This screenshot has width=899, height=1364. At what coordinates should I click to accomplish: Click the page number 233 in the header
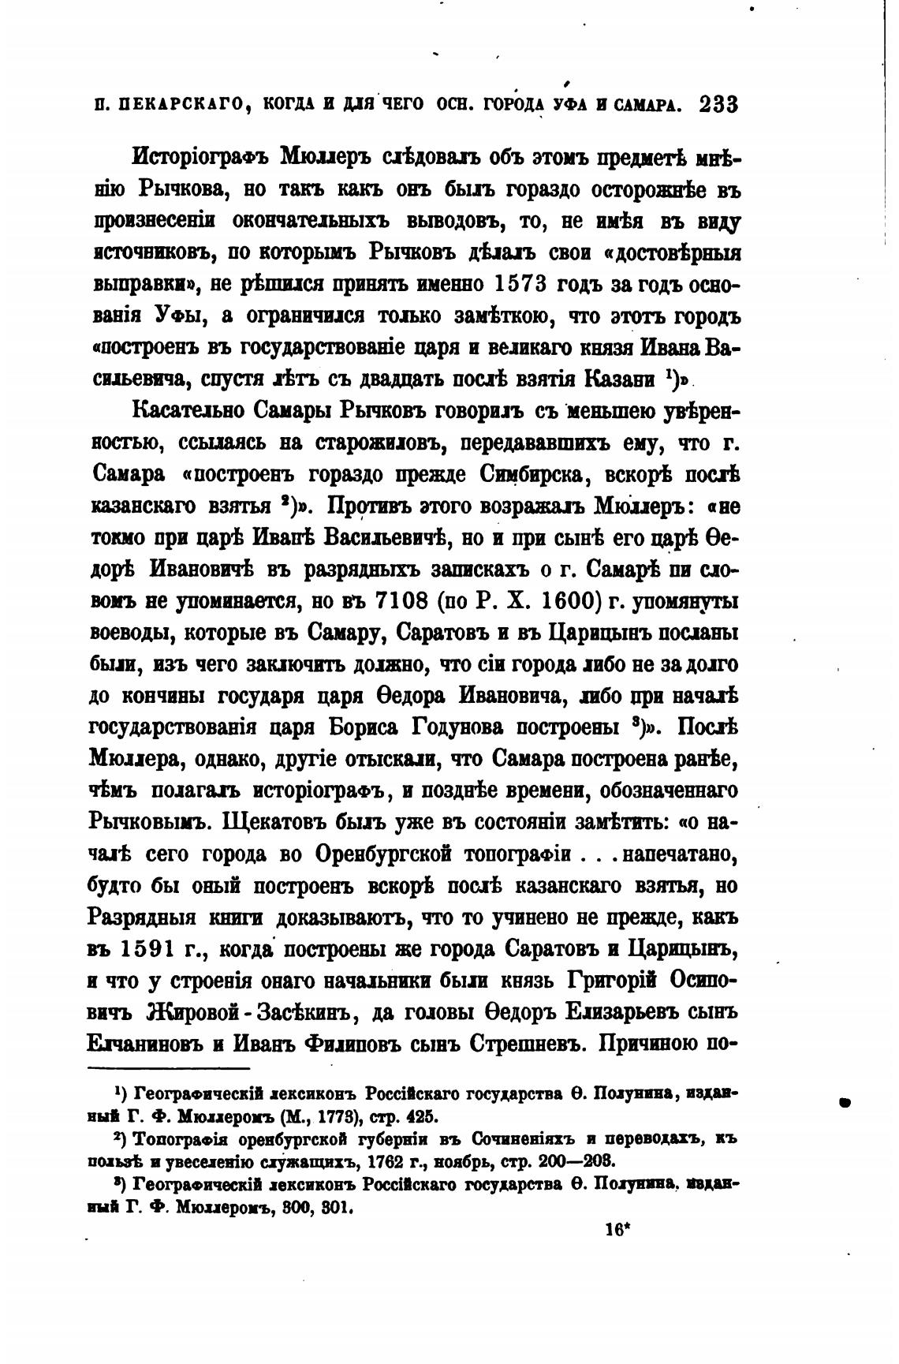click(x=718, y=105)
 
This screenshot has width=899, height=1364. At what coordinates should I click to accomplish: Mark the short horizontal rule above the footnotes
click(x=168, y=1070)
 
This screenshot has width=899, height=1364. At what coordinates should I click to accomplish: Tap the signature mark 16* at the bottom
click(x=617, y=1229)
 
